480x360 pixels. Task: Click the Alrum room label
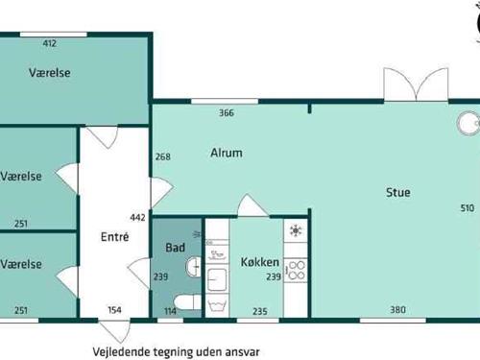pos(227,153)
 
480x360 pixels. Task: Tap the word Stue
pos(398,192)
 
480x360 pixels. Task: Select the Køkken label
pos(260,262)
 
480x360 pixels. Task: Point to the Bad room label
pos(175,248)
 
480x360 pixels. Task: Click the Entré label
pos(114,237)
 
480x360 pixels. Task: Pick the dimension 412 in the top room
pos(50,43)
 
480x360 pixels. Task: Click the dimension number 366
pos(227,112)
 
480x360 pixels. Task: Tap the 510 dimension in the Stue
pos(468,208)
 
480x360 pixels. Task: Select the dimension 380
pos(397,309)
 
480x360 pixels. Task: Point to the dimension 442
pos(137,218)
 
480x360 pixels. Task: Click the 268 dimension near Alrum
pos(163,156)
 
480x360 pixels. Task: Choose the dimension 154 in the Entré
pos(114,310)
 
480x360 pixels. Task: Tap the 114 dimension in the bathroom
pos(170,311)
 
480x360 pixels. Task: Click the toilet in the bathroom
pos(187,302)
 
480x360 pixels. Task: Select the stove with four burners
pos(296,271)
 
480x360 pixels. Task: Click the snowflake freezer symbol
pos(296,230)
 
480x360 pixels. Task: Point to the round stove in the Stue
pos(468,123)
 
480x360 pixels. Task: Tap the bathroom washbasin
pos(193,266)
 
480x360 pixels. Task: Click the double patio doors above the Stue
pos(416,84)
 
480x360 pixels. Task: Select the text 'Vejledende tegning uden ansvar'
pos(176,351)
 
